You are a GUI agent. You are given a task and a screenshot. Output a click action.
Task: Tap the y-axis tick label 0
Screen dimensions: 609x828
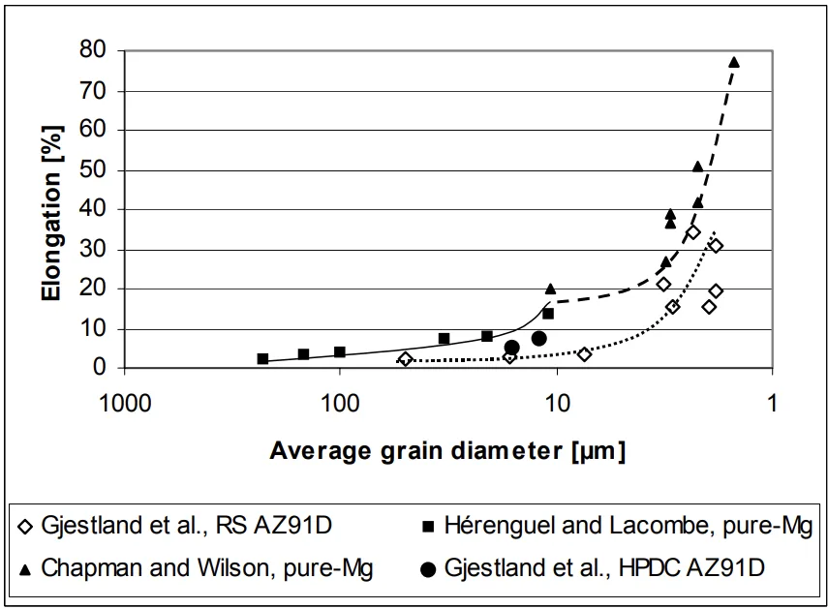pos(99,368)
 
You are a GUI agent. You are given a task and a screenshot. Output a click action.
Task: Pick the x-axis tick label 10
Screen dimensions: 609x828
pos(556,403)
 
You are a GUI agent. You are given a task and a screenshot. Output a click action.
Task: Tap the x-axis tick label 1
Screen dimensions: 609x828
pos(773,403)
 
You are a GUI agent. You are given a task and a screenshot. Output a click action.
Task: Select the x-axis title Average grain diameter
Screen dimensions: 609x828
pos(446,450)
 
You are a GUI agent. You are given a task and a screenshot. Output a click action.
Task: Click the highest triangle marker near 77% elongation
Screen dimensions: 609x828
pos(734,62)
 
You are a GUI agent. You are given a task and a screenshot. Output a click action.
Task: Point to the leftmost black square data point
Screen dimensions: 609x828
pos(262,358)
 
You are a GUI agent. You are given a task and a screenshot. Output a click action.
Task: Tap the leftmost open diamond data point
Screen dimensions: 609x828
pos(406,359)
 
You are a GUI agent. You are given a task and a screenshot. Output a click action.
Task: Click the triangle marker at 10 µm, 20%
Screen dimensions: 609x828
pos(550,289)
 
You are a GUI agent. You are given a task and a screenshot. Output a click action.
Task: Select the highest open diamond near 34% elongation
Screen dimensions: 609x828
pos(693,232)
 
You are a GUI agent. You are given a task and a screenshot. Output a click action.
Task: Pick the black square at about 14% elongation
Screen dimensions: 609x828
pos(548,314)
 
